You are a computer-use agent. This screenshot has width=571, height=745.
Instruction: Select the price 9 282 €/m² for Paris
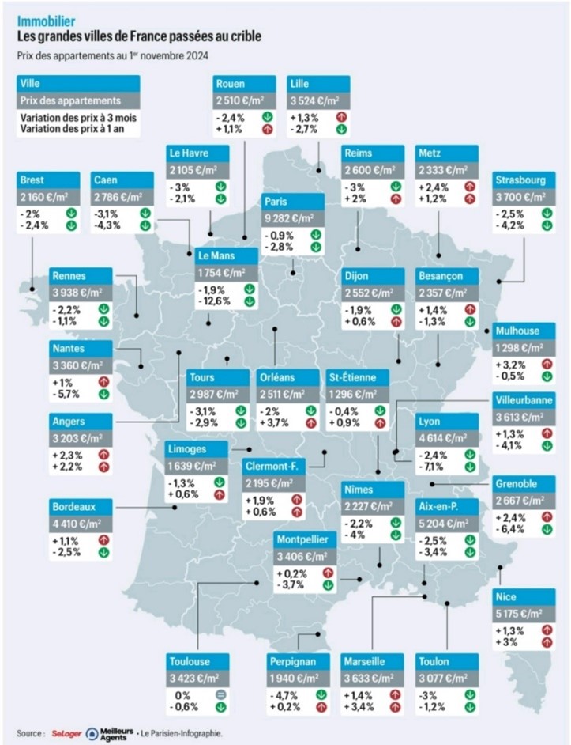pyautogui.click(x=292, y=217)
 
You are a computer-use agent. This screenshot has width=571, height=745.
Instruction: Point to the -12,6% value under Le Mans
pyautogui.click(x=213, y=301)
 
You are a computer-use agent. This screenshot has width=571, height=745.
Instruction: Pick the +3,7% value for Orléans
pyautogui.click(x=275, y=423)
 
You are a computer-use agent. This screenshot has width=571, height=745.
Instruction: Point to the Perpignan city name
pyautogui.click(x=292, y=661)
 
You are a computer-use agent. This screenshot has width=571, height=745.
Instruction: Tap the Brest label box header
pyautogui.click(x=50, y=179)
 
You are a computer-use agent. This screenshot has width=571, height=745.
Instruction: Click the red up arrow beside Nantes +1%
pyautogui.click(x=103, y=381)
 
